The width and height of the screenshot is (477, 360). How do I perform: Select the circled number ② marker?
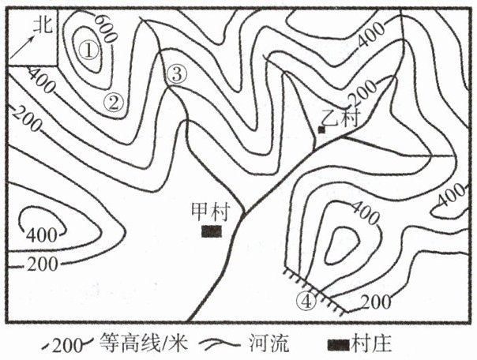[115, 101]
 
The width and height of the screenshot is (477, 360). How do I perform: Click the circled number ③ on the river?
[177, 74]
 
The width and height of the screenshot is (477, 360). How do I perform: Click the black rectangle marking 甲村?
[211, 231]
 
